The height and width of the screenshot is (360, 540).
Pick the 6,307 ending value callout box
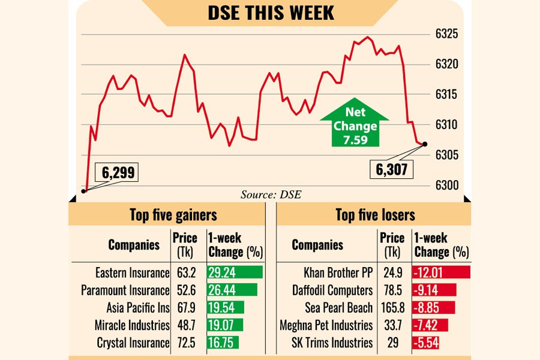point(391,170)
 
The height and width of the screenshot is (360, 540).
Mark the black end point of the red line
point(425,144)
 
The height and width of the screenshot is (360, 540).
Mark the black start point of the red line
point(83,191)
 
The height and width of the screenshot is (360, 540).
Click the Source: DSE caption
point(271,194)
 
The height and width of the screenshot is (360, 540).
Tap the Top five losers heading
point(375,215)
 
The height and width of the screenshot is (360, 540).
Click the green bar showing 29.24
point(235,273)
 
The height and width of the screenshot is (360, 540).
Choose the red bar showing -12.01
point(441,273)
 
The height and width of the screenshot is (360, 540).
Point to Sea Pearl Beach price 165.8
point(392,308)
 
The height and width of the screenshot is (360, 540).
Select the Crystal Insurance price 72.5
point(185,343)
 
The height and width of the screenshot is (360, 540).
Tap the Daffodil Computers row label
point(332,290)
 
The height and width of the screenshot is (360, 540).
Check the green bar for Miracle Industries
point(225,325)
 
